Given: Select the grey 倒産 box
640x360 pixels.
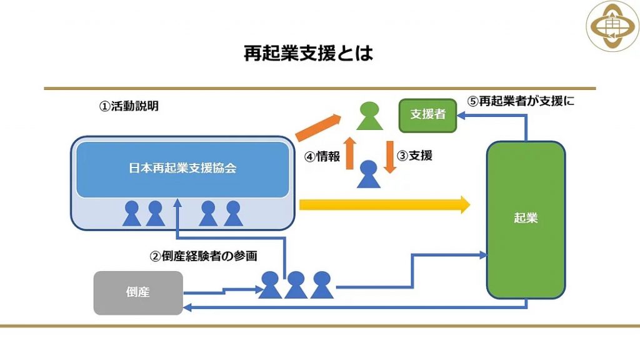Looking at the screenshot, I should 137,292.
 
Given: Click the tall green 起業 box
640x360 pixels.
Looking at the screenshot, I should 525,219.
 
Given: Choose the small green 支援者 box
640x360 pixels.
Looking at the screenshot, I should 427,115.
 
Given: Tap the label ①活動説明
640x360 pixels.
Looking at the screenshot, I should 129,106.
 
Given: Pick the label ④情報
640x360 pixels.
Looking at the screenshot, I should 322,156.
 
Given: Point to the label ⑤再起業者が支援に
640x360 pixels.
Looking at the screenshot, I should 521,101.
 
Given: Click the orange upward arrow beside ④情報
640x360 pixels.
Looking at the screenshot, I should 350,152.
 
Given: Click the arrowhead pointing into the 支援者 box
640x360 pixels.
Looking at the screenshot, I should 460,116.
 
